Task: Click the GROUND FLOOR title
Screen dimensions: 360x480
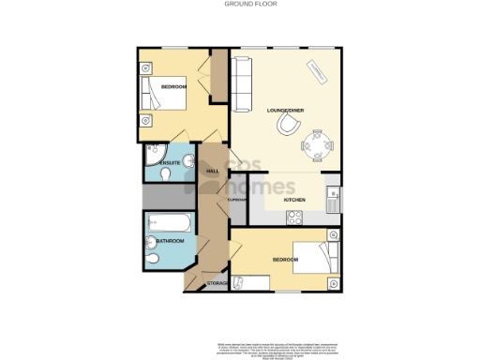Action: (x=239, y=4)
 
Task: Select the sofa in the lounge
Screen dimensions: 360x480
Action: (x=242, y=82)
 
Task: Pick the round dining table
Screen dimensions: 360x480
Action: (x=315, y=143)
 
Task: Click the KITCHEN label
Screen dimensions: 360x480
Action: (x=296, y=200)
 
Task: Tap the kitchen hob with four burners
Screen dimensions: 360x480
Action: (x=293, y=217)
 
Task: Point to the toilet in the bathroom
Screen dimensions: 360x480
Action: (x=152, y=258)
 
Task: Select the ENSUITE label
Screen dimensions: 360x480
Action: (x=169, y=163)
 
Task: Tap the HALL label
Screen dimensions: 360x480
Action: (x=212, y=171)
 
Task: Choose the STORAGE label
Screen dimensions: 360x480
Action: (x=217, y=282)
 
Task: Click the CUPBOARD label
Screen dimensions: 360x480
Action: (x=236, y=200)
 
